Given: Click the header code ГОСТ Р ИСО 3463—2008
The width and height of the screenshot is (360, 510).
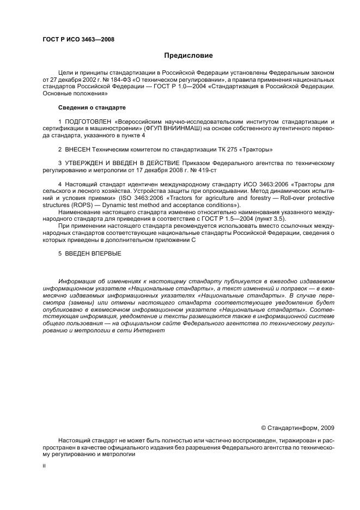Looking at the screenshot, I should point(78,39).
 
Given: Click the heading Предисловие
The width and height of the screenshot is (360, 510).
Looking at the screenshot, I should point(189,56).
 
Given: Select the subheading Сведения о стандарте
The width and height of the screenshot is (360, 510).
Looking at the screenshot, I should point(92,107).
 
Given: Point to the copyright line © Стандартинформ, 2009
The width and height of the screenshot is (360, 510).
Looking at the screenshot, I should point(298,428).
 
